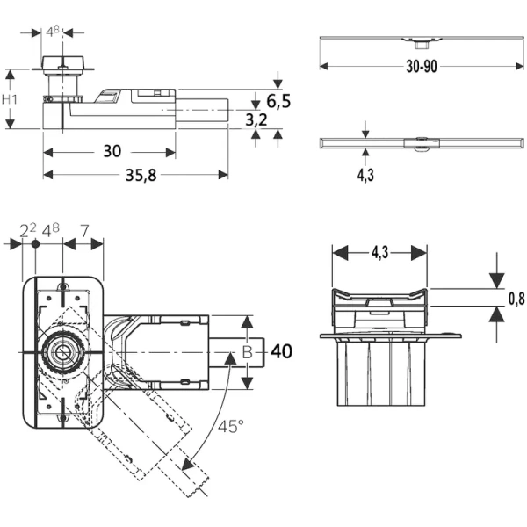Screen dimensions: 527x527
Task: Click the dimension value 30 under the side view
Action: (x=112, y=151)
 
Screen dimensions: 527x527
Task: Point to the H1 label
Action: (x=11, y=99)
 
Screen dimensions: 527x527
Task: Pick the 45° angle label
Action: (x=231, y=428)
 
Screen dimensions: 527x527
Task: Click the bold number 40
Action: (x=281, y=352)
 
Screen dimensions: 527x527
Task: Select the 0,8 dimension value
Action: (x=516, y=299)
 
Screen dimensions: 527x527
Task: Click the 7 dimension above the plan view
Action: (x=83, y=231)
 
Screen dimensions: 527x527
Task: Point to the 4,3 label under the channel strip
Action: (x=365, y=175)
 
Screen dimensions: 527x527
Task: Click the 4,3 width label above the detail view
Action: (x=379, y=252)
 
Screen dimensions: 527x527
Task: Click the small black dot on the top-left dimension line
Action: (x=35, y=243)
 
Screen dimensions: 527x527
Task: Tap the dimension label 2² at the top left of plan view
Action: (x=28, y=231)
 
